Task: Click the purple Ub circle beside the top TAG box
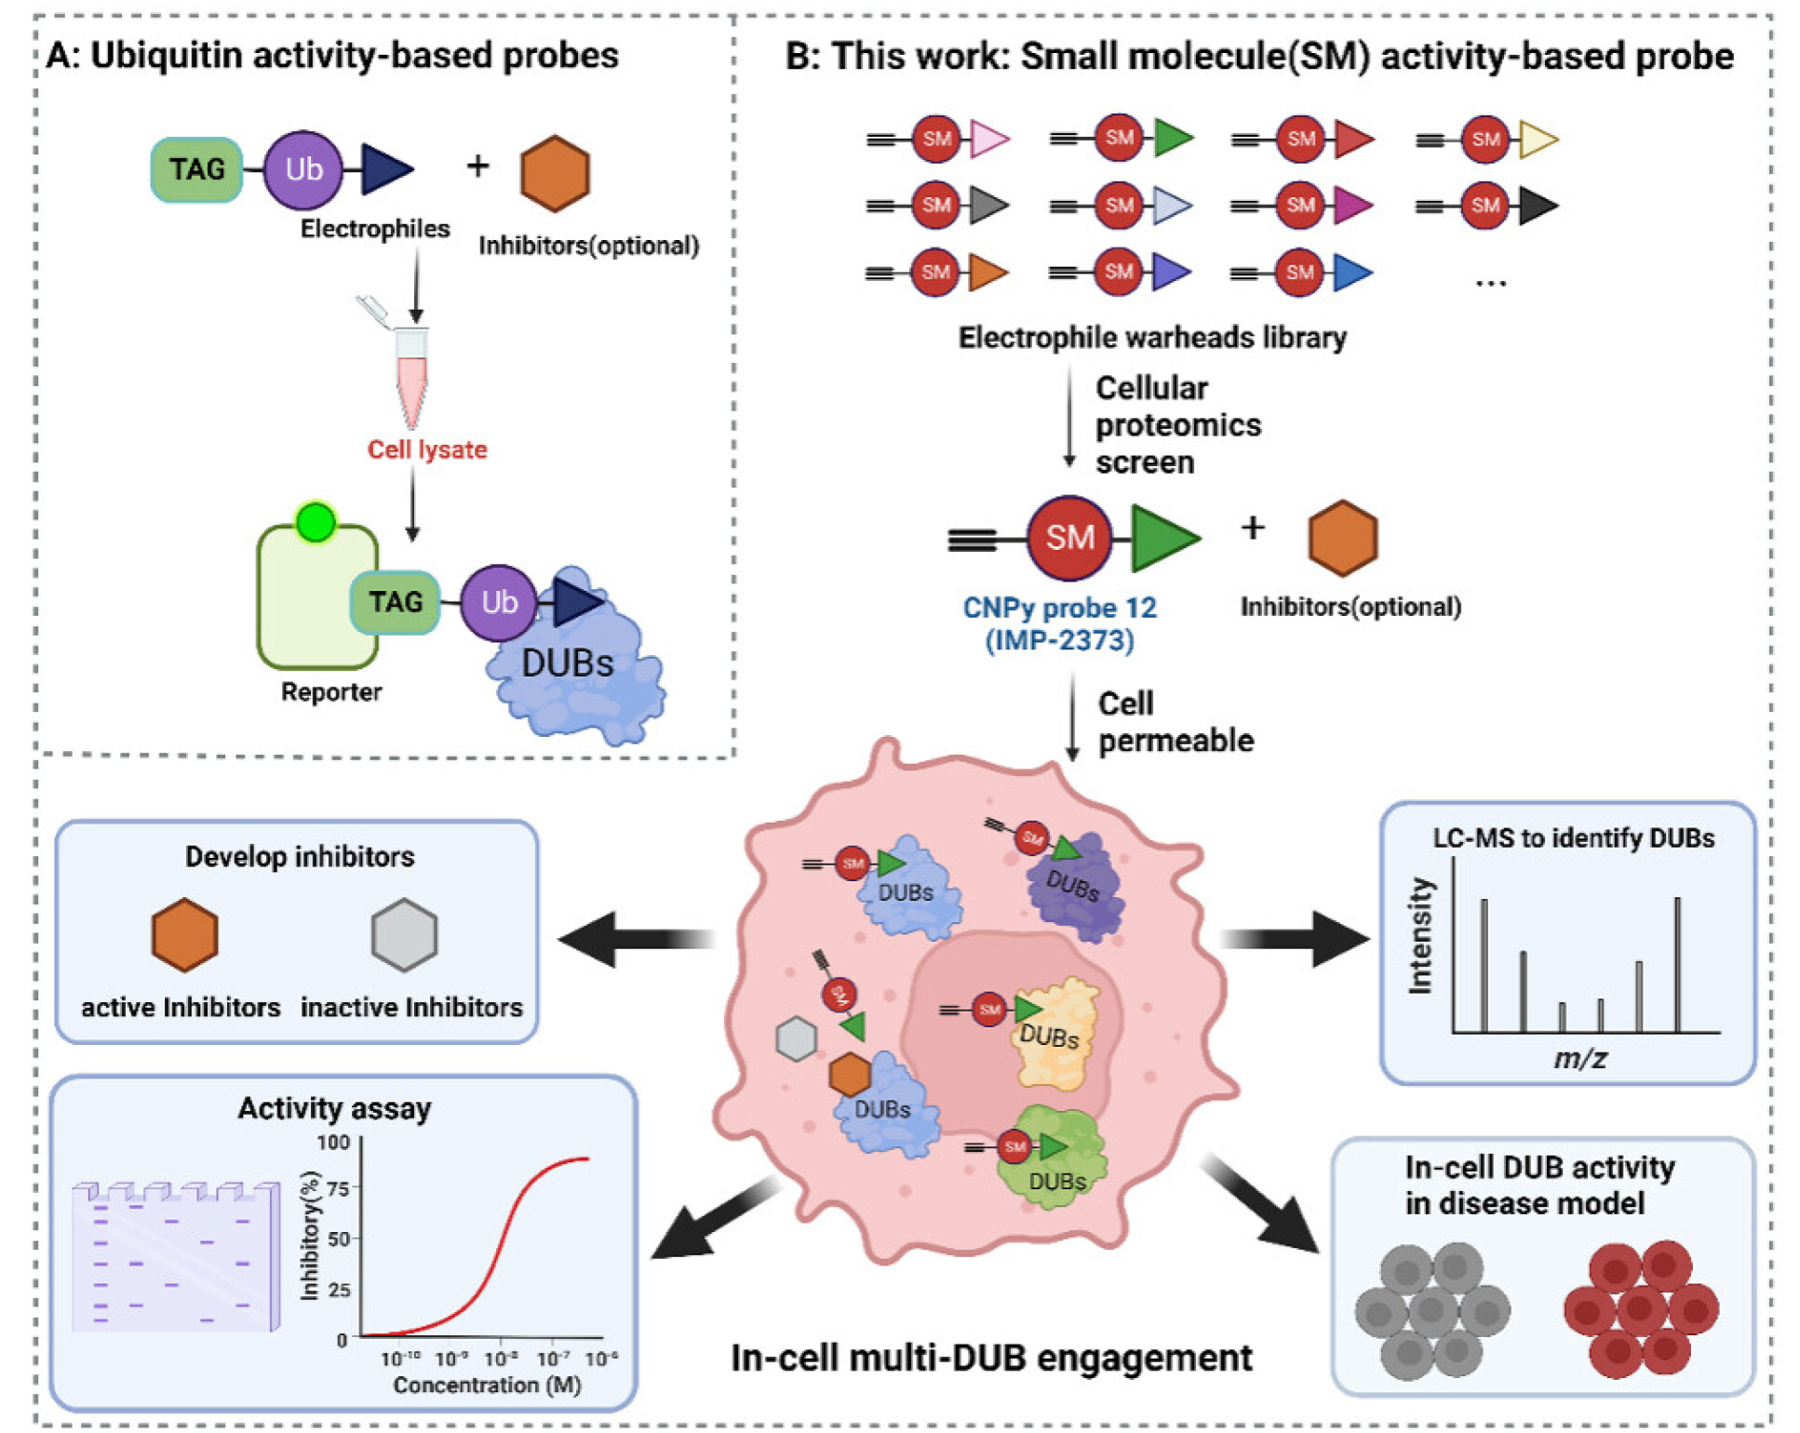[x=303, y=169]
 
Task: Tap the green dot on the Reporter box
[x=316, y=522]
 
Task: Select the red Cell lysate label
[x=427, y=449]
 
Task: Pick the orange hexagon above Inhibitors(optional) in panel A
[x=555, y=173]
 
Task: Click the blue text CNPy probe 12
[x=1059, y=608]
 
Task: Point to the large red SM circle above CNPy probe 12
[x=1069, y=538]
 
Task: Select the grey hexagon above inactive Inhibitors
[x=404, y=935]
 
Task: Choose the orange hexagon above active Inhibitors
[x=185, y=935]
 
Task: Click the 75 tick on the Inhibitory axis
[x=338, y=1188]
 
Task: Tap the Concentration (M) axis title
[x=487, y=1385]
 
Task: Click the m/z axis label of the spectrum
[x=1580, y=1058]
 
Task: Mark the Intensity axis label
[x=1420, y=936]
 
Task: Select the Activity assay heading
[x=334, y=1108]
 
